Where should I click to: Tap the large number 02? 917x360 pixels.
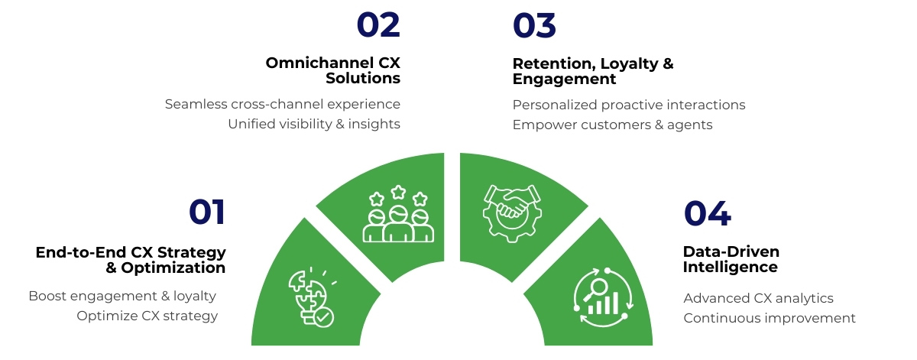point(378,25)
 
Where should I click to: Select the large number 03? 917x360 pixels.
point(534,25)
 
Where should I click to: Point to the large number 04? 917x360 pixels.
point(707,213)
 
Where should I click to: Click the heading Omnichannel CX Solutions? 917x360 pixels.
point(333,70)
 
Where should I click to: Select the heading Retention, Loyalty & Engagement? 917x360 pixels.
point(593,70)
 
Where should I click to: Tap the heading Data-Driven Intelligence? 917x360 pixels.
point(730,259)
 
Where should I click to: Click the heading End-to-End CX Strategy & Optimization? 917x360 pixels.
point(131,260)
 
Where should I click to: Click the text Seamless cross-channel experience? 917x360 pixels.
point(283,104)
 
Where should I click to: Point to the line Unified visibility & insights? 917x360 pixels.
point(314,124)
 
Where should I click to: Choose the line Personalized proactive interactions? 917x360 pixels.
point(629,105)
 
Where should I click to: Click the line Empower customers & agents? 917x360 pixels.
point(612,125)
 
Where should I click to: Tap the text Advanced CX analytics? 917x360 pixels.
point(758,298)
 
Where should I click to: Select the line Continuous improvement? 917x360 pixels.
point(770,318)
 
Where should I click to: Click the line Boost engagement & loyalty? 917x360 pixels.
point(122,296)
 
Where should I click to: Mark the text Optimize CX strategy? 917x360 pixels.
point(147,316)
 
